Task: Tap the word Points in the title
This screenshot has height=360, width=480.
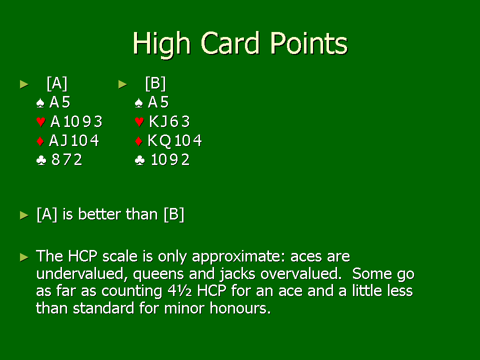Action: [308, 43]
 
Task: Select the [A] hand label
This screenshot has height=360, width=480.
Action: [57, 83]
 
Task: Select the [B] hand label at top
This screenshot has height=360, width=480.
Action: [155, 83]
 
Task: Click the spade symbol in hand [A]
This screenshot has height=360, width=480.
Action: [40, 103]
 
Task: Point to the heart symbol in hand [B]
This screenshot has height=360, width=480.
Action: [139, 122]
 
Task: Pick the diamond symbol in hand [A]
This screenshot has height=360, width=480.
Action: [40, 141]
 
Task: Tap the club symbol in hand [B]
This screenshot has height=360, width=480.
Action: [139, 160]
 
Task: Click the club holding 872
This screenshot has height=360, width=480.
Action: [66, 159]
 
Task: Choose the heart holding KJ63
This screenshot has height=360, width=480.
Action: [169, 121]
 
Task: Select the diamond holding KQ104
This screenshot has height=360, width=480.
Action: [174, 141]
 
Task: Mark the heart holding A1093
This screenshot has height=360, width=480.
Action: [76, 121]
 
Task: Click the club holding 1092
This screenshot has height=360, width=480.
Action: [170, 159]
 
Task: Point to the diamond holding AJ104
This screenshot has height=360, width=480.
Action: [74, 141]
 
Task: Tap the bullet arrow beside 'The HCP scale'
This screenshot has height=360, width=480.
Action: [24, 257]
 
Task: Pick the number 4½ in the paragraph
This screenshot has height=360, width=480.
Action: [179, 291]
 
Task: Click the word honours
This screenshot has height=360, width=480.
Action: [240, 308]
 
